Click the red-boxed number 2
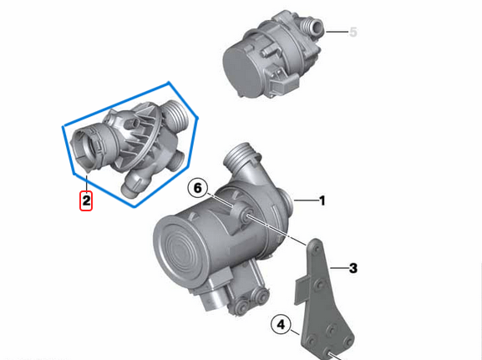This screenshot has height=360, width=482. (x=87, y=200)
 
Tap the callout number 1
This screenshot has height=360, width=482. (x=322, y=200)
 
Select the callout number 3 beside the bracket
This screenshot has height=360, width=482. (x=353, y=268)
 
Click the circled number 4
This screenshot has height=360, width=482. (x=282, y=324)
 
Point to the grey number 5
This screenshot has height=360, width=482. (x=353, y=33)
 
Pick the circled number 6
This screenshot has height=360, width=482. (x=198, y=188)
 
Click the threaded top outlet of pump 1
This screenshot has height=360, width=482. (x=242, y=157)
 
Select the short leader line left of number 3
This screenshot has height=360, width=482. (x=337, y=268)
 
